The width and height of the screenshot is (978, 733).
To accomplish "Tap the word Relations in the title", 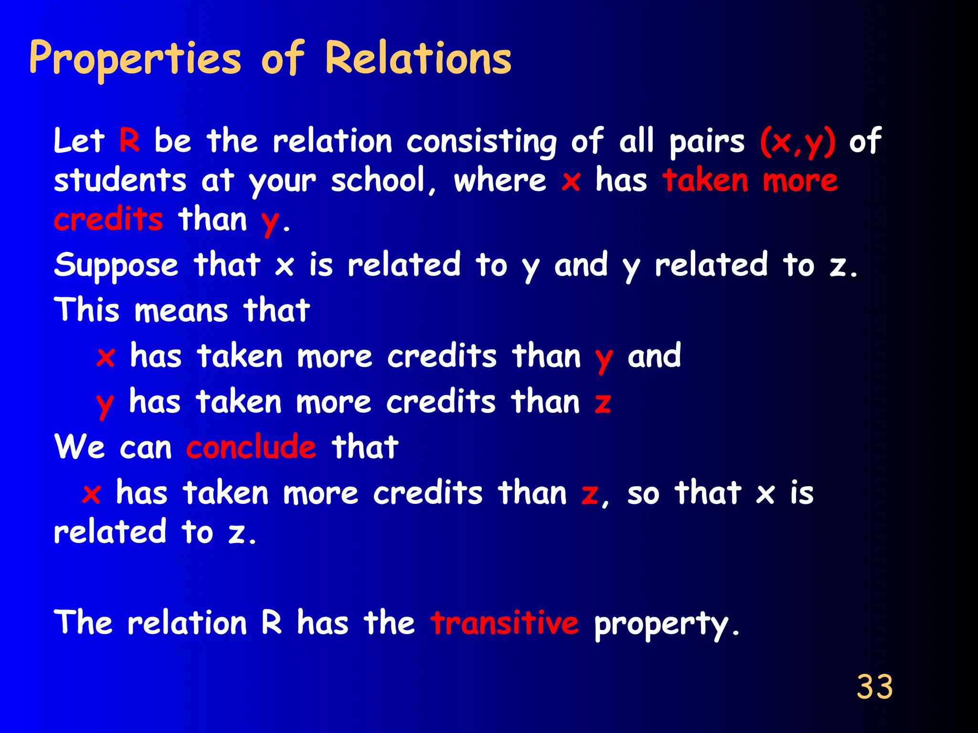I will tap(418, 59).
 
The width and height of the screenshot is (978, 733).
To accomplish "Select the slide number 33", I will tap(874, 687).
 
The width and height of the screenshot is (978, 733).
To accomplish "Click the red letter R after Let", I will tap(129, 141).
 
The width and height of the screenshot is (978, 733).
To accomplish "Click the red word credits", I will tap(108, 220).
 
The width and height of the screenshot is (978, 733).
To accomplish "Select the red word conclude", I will tap(251, 448).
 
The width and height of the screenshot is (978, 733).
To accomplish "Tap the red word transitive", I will tap(505, 623).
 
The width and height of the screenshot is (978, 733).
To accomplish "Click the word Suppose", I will tap(116, 265).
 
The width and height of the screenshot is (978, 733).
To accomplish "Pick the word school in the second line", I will tap(378, 181).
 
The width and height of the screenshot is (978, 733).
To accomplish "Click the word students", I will tap(120, 181).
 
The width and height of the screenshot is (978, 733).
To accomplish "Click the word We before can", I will tap(80, 448).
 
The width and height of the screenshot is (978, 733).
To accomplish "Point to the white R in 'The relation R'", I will tap(271, 623).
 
